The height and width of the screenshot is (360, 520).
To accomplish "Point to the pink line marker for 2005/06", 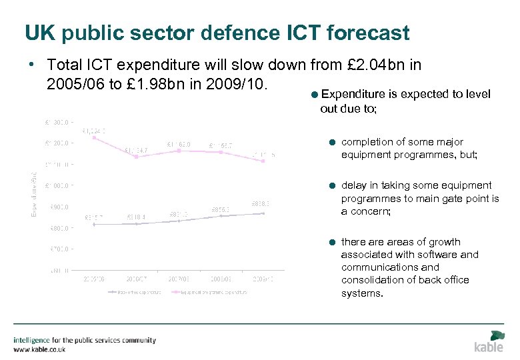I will [x=94, y=137].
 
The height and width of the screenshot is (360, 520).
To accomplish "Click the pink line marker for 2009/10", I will [x=264, y=161].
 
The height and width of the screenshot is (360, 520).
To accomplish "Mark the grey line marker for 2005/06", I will [x=94, y=224].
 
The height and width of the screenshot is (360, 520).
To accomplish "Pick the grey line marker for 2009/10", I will [x=264, y=213].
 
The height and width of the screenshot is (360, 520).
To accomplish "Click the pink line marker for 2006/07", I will [x=136, y=157].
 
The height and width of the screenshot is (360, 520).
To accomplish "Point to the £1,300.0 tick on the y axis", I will [x=56, y=122].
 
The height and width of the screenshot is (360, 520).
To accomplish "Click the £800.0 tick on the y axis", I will [x=57, y=228].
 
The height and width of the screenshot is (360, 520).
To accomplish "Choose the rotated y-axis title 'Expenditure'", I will [x=35, y=193].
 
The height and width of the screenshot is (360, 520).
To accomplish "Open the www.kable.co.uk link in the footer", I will [x=39, y=349].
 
